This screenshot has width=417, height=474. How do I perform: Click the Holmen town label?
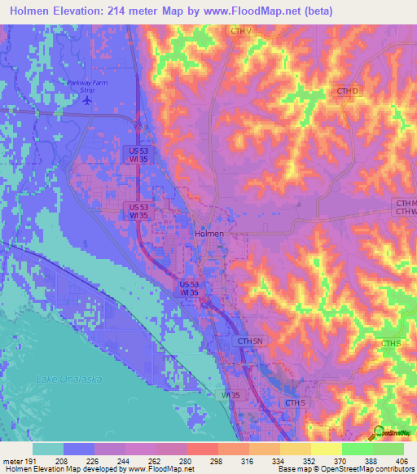coord(208,233)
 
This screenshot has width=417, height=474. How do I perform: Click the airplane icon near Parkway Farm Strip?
coord(88,101)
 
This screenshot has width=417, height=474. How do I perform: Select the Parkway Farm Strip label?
coord(88,86)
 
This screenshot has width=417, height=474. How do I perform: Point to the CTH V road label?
coord(241,32)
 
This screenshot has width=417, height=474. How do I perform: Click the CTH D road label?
coord(347,91)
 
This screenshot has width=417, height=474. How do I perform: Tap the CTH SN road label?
coord(251,340)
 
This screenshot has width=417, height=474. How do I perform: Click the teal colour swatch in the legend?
coord(47,449)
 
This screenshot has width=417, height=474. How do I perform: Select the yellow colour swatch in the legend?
coord(326,449)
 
